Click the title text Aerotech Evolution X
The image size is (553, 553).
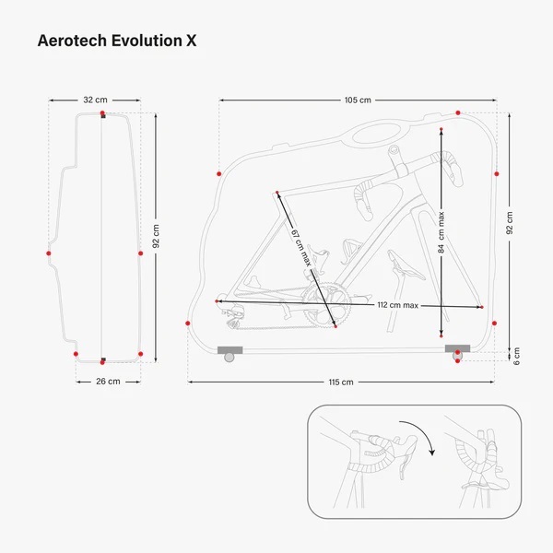pos(116,41)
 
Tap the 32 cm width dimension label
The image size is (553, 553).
pos(94,100)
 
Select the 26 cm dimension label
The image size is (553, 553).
pos(108,381)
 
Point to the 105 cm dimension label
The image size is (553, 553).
pos(358,100)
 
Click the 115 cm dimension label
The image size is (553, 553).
pos(341,382)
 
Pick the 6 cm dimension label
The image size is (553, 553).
pos(517,356)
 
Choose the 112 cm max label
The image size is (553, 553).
pos(398,305)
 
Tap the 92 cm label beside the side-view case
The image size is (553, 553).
pos(156,239)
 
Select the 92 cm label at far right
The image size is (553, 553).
pos(511,224)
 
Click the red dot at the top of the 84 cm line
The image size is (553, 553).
pos(442,127)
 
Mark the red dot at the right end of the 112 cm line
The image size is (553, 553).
pos(481,307)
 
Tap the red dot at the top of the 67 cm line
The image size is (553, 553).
pos(276,193)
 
